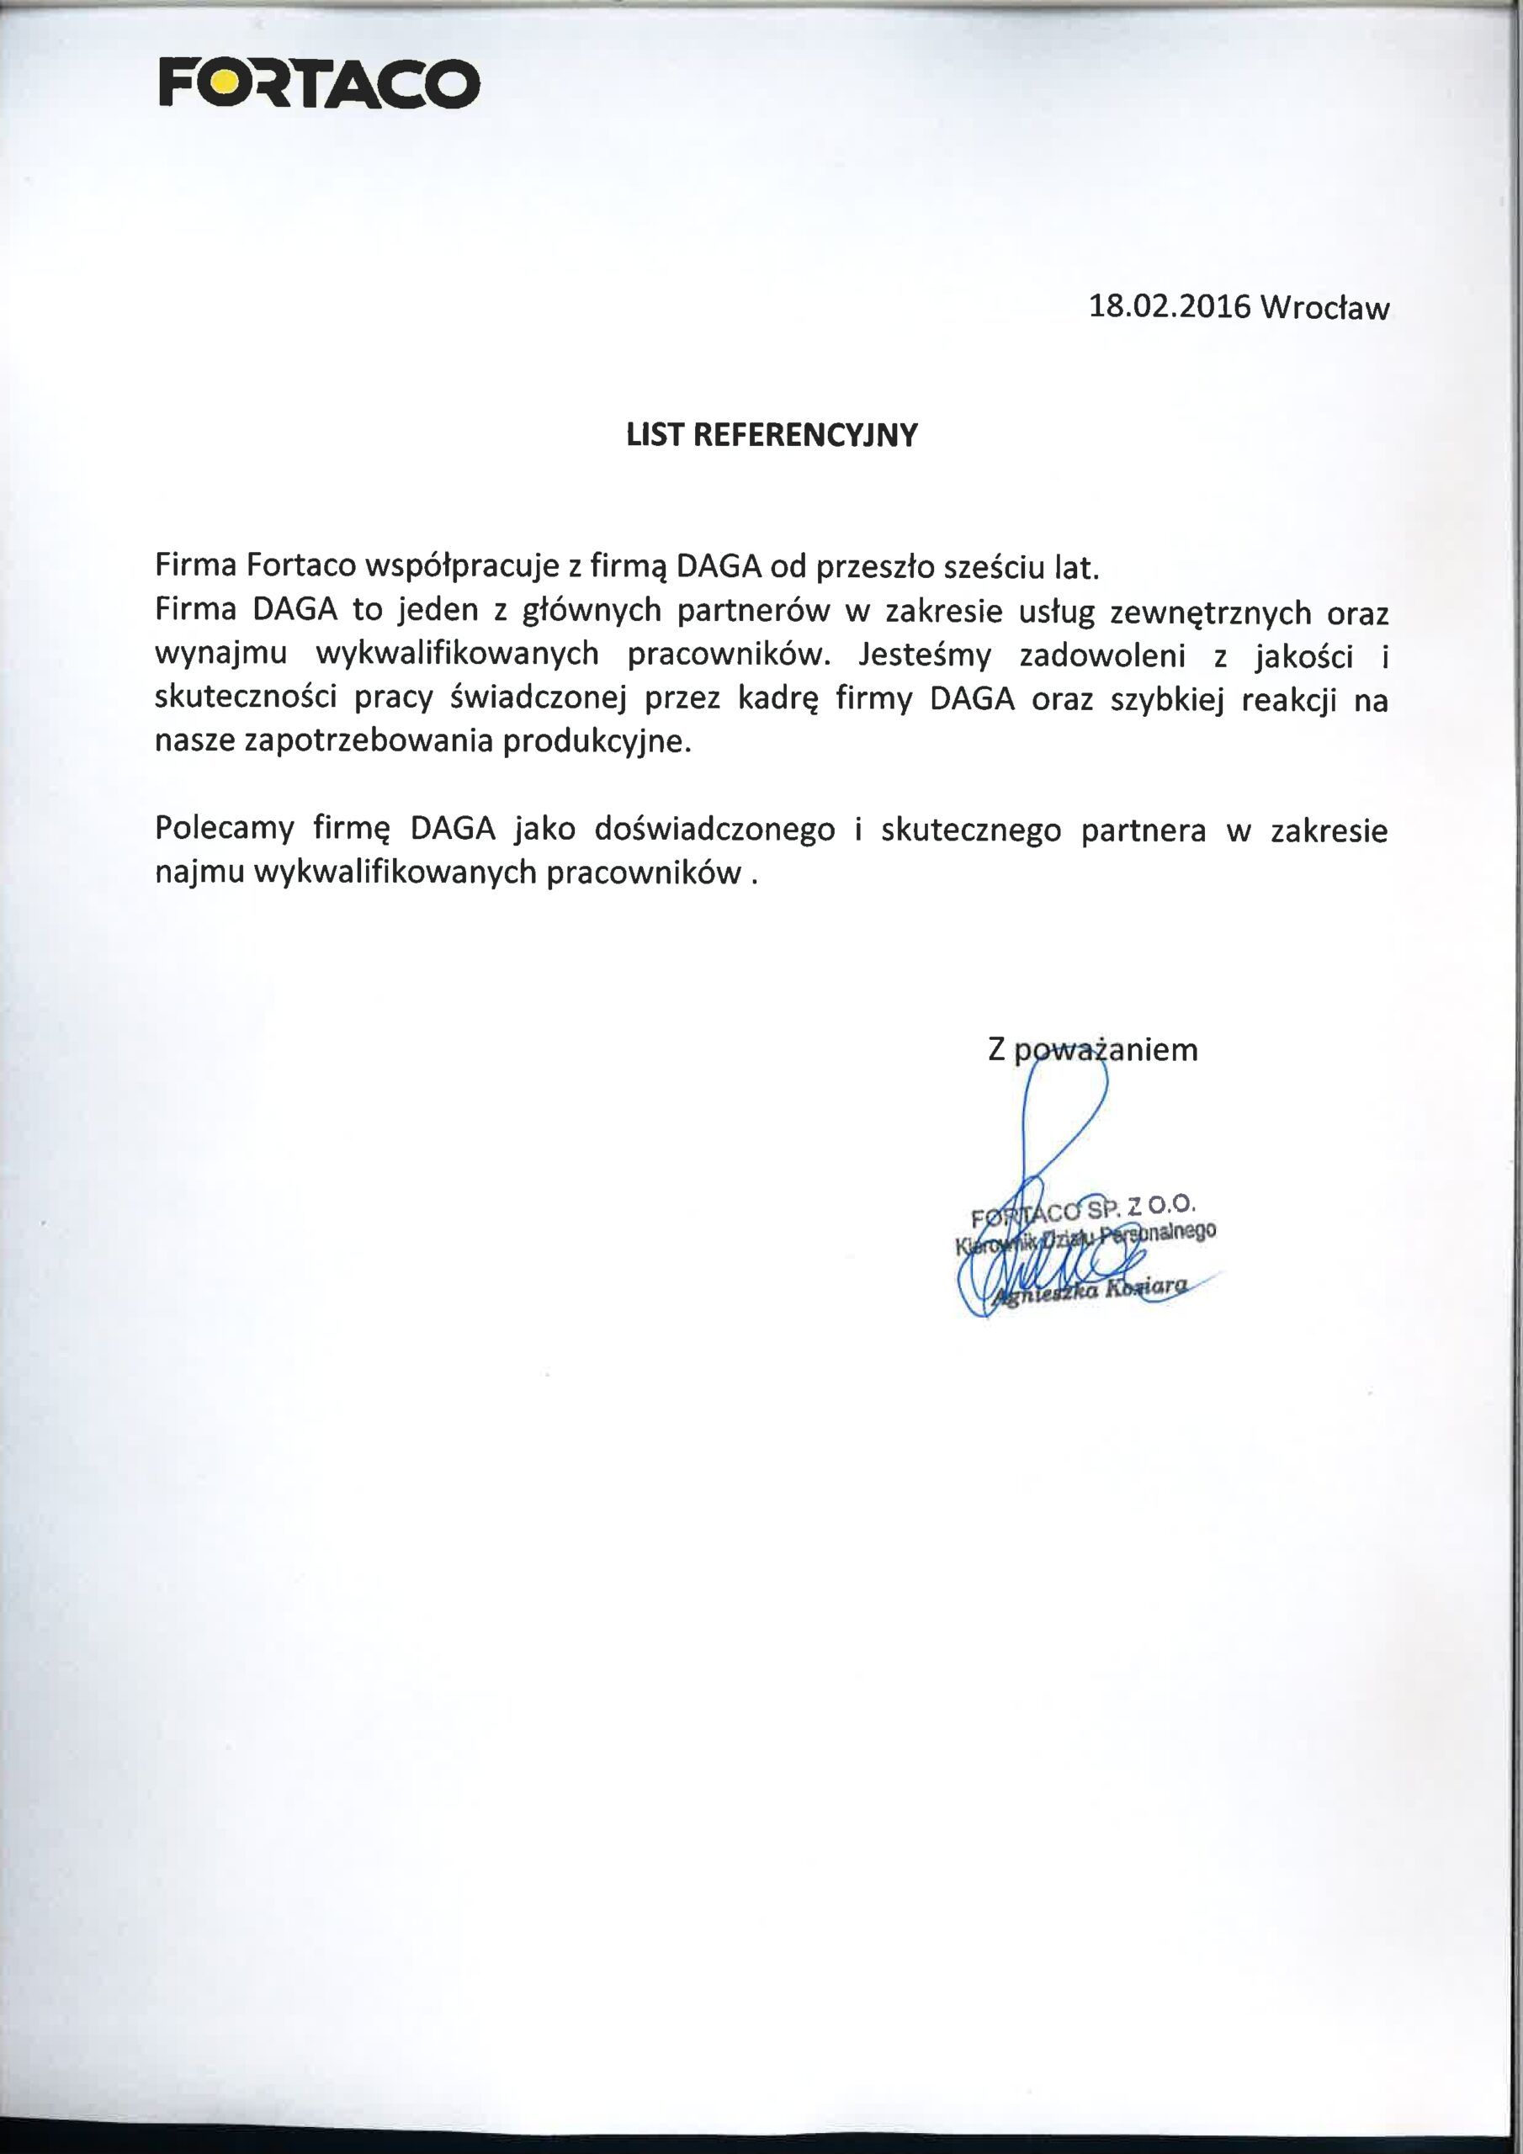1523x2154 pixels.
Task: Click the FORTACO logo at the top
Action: [x=319, y=83]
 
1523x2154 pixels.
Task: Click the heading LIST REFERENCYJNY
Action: [x=772, y=435]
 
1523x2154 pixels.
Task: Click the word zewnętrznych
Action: [x=1210, y=613]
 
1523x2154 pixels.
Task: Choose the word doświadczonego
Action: [x=716, y=830]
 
